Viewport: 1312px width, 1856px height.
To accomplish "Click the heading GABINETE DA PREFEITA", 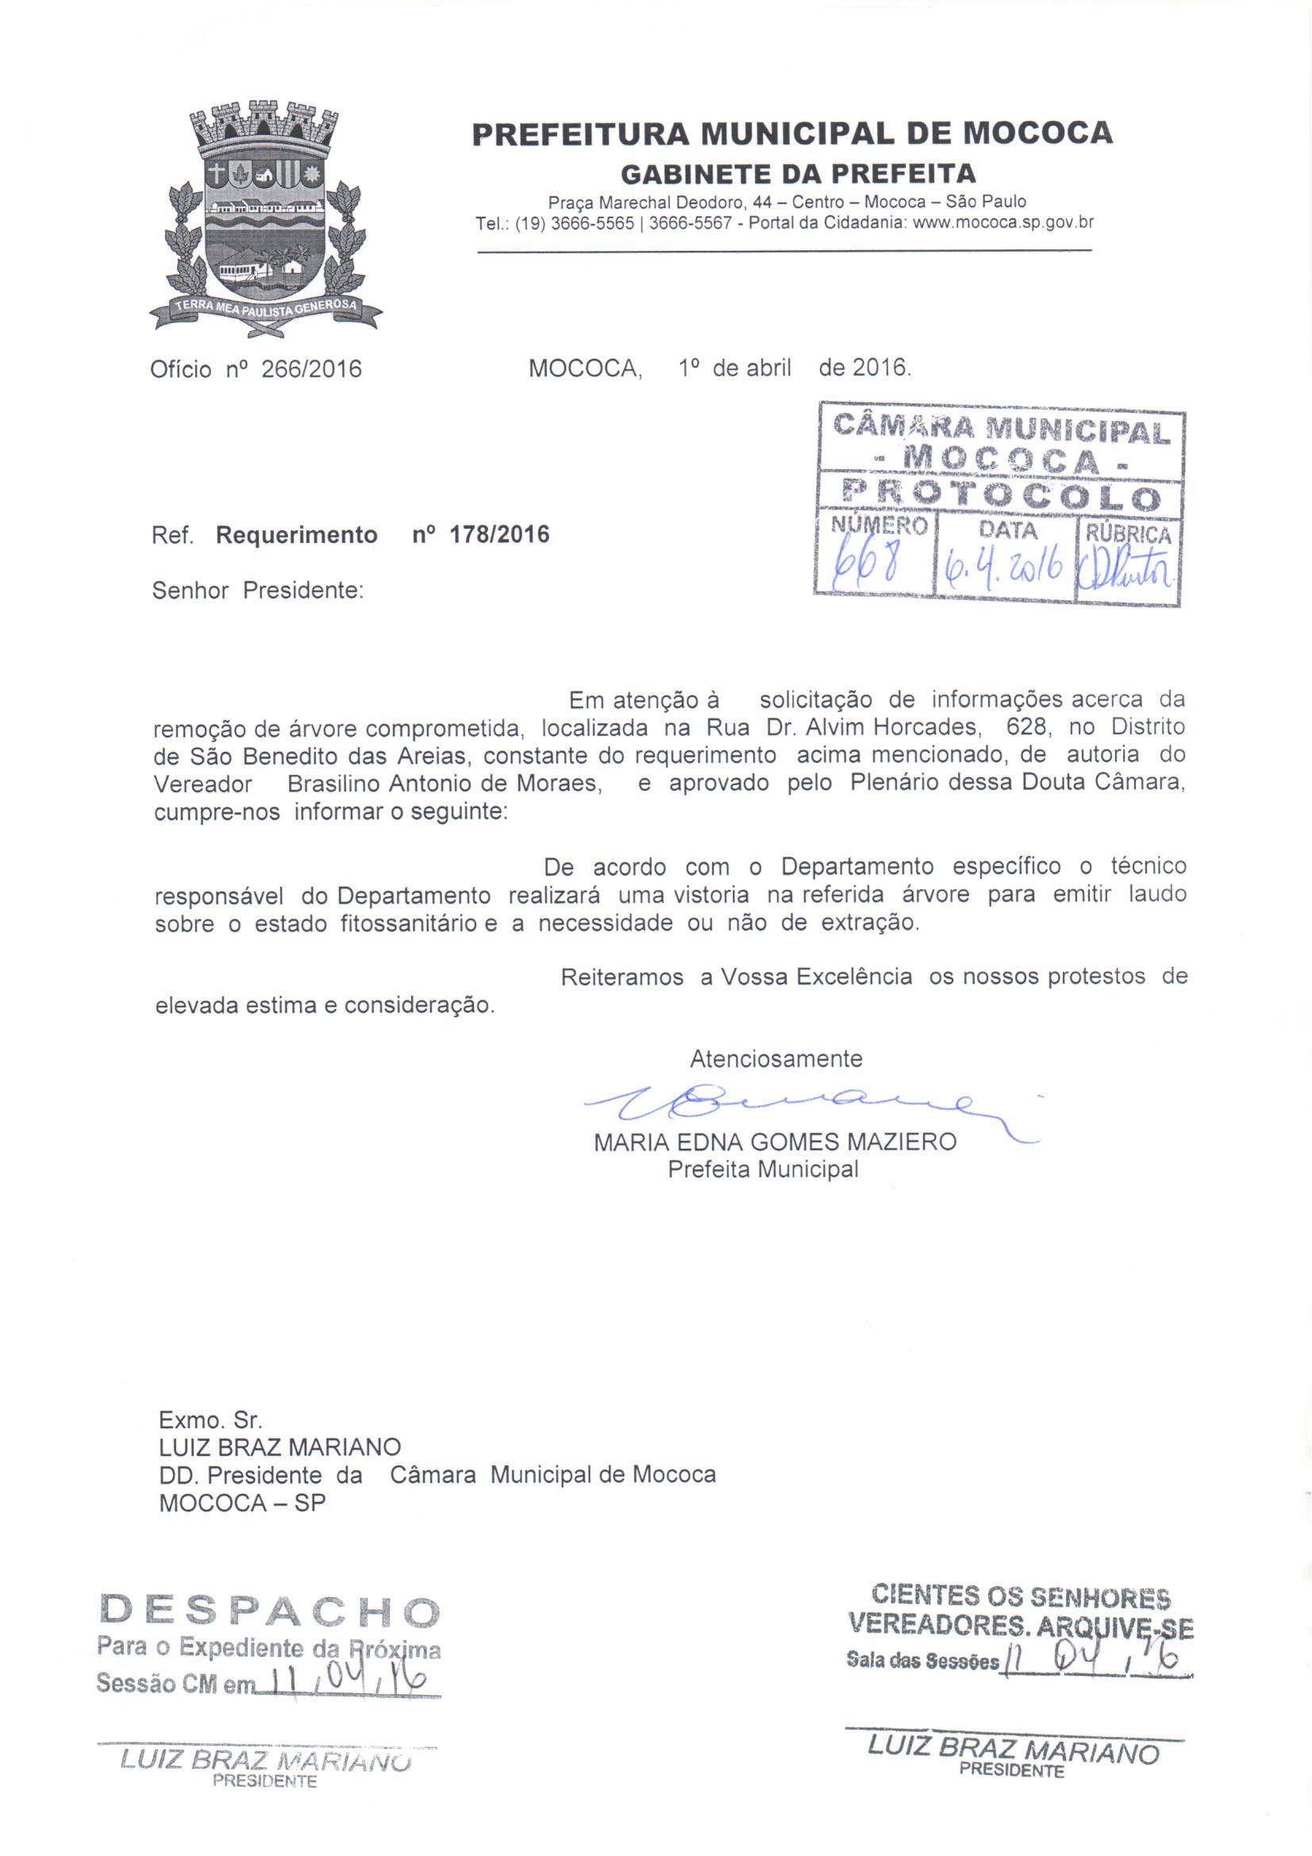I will pyautogui.click(x=797, y=173).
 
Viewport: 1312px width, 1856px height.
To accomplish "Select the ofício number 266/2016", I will pyautogui.click(x=312, y=369).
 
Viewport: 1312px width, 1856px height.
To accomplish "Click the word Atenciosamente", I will pyautogui.click(x=776, y=1058).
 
